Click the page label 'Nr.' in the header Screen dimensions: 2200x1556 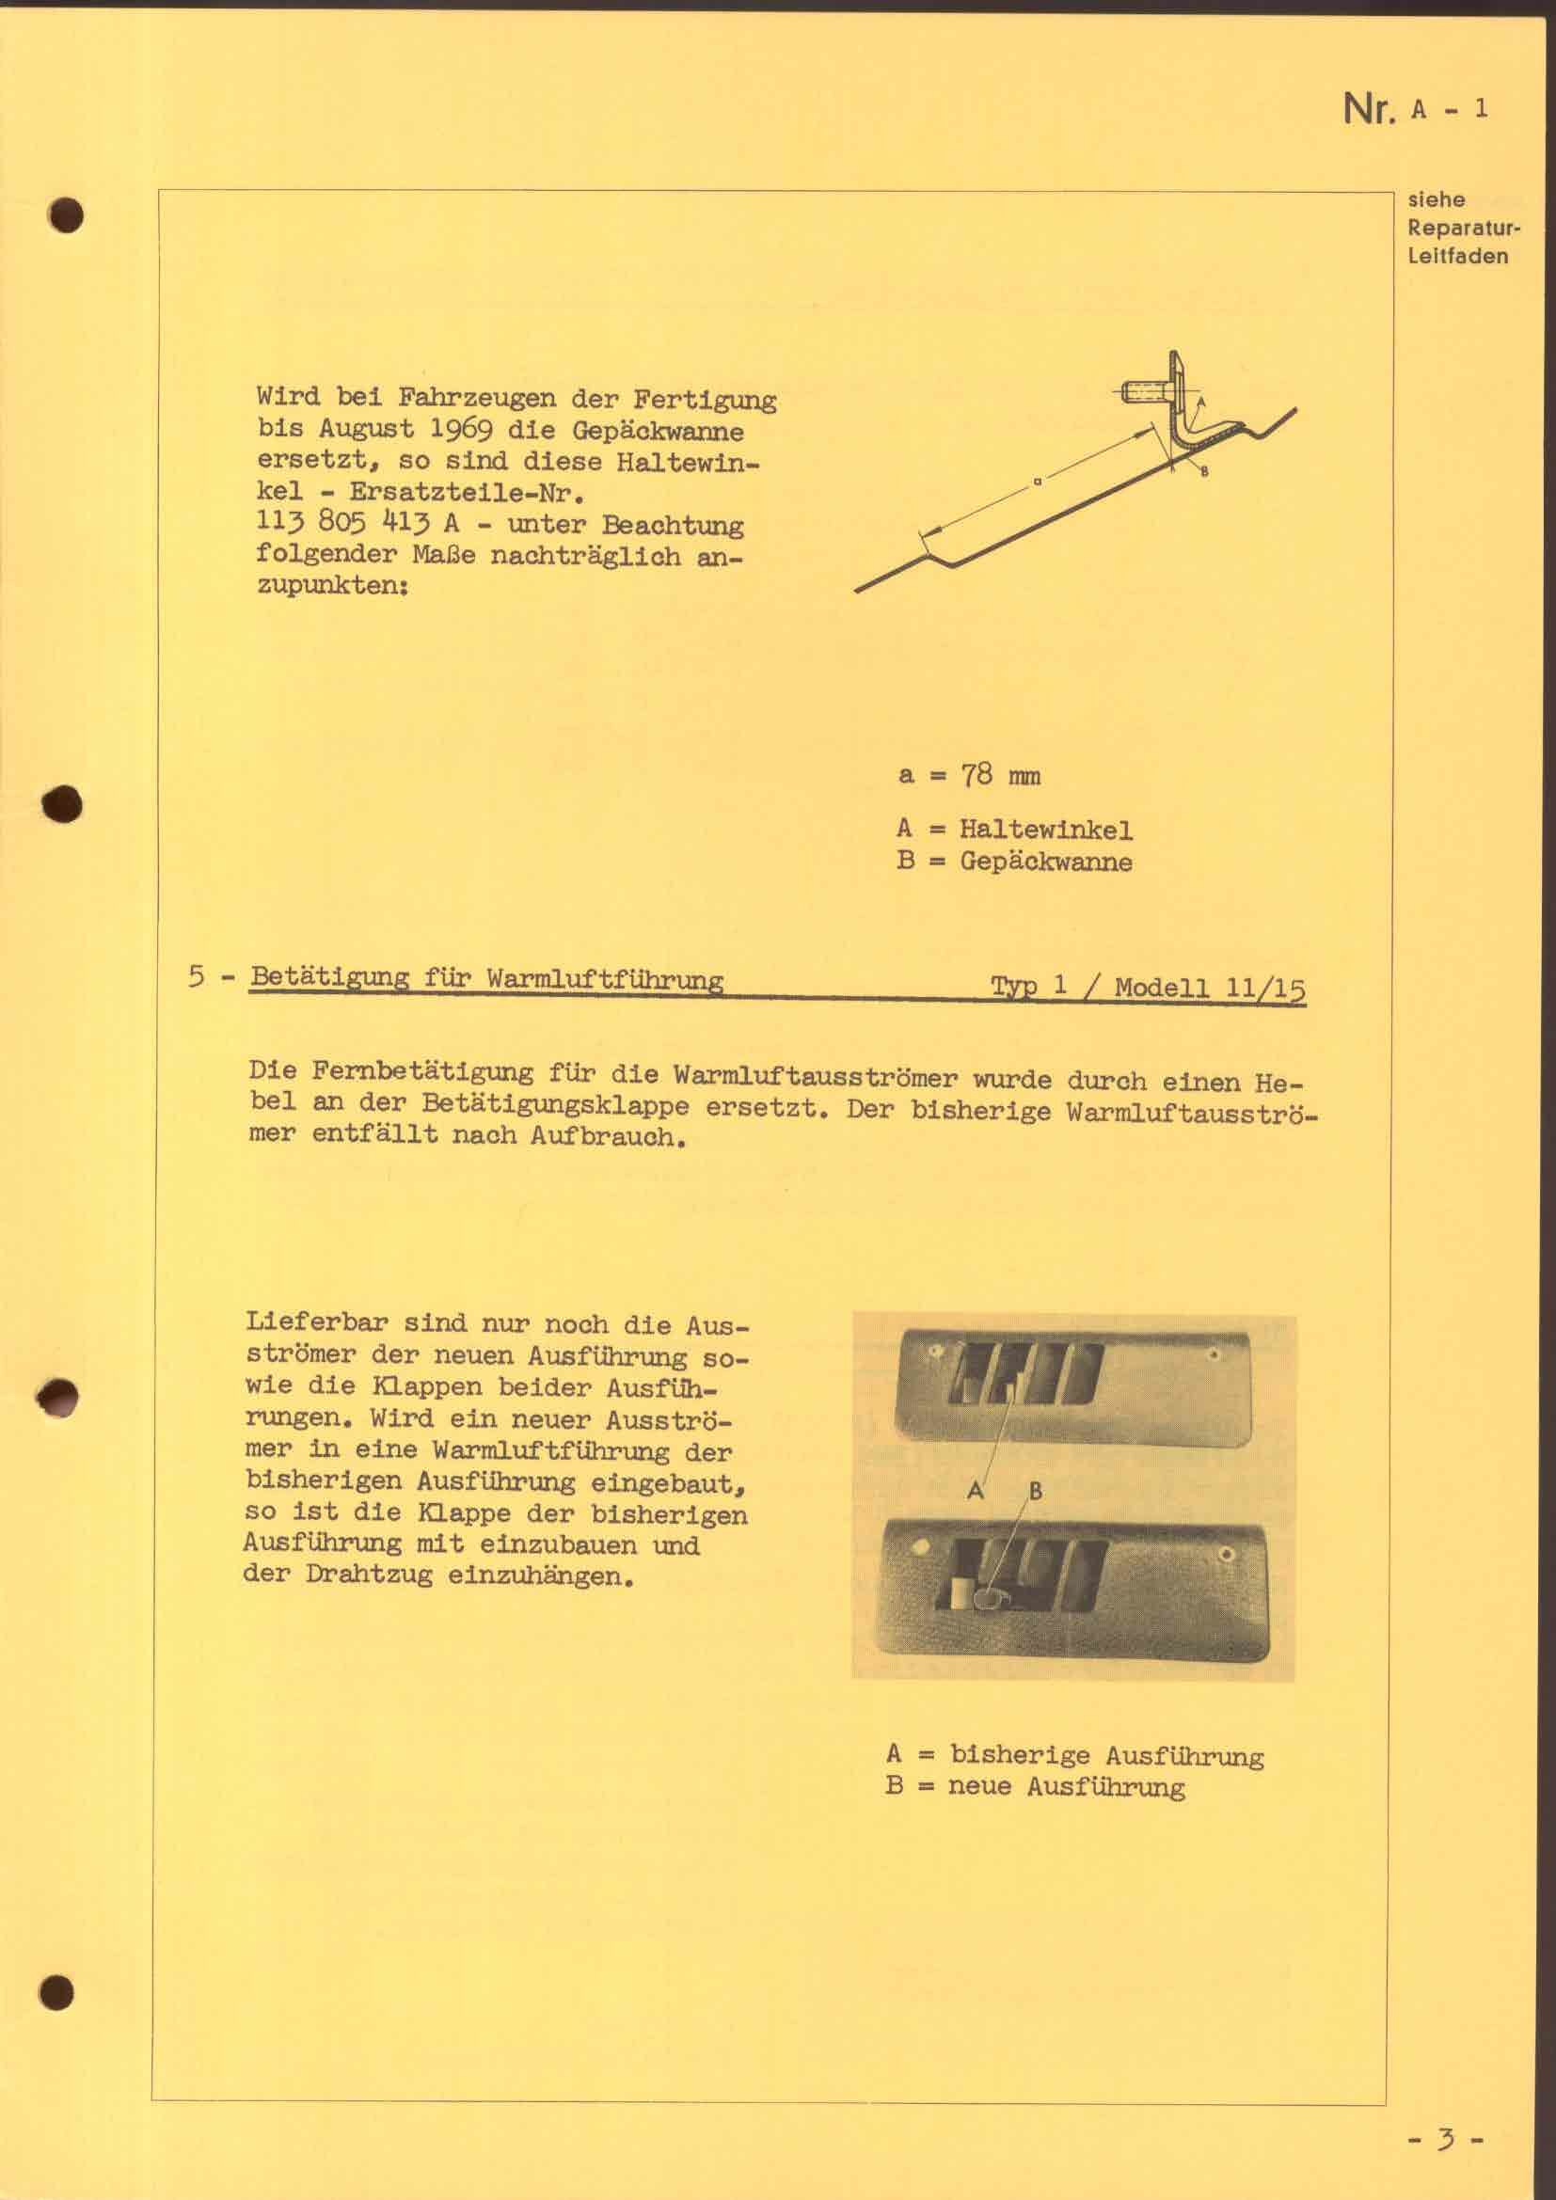[x=1368, y=109]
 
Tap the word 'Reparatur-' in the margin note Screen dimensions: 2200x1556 [x=1463, y=229]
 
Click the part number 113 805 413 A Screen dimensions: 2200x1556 [x=357, y=524]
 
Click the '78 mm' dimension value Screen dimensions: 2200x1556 [x=1000, y=775]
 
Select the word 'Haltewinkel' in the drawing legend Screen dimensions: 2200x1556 [x=1045, y=830]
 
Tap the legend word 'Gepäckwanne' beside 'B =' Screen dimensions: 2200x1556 [x=1045, y=862]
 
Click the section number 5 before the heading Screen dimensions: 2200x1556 [x=197, y=977]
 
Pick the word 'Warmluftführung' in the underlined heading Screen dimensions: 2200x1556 [x=605, y=979]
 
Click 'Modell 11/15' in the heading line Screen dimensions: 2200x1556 [x=1209, y=988]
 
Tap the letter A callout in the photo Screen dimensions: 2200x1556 [x=976, y=1489]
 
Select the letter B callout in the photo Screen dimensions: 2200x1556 [x=1035, y=1491]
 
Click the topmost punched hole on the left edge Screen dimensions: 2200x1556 [x=68, y=215]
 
